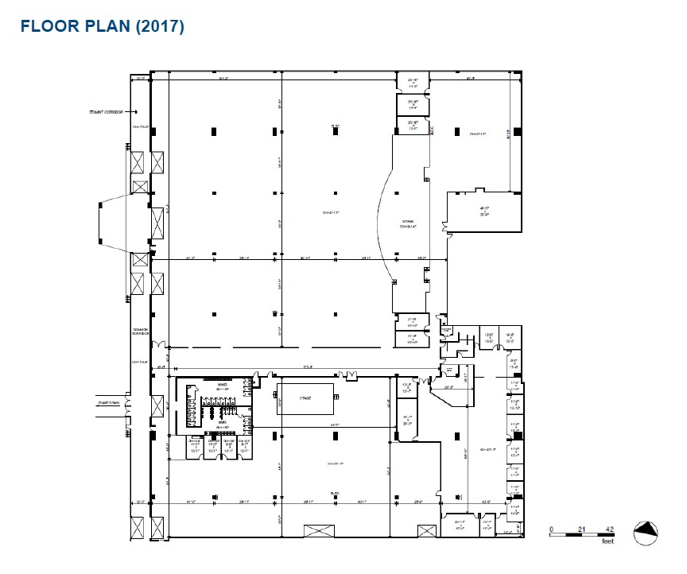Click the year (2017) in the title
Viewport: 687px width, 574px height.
(x=160, y=25)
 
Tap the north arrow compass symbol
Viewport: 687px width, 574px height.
(x=646, y=533)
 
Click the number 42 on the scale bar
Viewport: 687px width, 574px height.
(x=608, y=527)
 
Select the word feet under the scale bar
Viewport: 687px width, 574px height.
(x=608, y=541)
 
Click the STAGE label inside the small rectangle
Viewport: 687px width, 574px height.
(x=305, y=397)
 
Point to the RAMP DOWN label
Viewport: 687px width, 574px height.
(x=108, y=403)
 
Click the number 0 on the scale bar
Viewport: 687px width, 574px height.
(x=553, y=527)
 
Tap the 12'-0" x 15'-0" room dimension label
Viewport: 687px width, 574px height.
(x=490, y=337)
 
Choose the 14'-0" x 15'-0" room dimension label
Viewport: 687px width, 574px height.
(x=511, y=337)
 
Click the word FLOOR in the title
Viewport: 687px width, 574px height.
(x=45, y=25)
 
